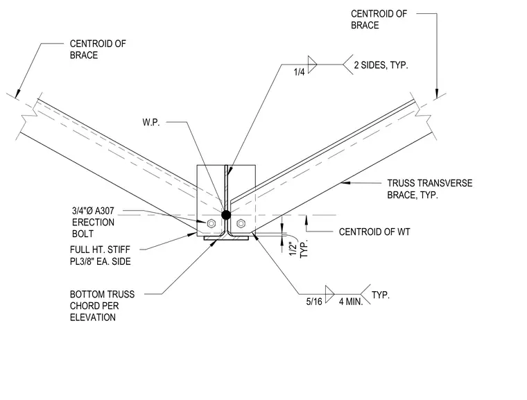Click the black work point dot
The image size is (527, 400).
226,214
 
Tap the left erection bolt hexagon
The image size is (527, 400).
211,223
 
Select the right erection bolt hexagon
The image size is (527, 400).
241,223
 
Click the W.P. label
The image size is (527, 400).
151,122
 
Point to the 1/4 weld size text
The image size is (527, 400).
299,71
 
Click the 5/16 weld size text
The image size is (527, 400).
314,302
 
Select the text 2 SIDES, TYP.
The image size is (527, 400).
381,65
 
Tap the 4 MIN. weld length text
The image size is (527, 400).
351,302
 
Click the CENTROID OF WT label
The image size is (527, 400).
374,232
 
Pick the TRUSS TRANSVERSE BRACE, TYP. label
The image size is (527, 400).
429,189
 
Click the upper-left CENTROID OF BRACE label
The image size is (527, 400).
98,49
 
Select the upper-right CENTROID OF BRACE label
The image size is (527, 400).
379,19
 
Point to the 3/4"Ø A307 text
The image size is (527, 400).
93,211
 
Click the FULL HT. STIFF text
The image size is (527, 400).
100,250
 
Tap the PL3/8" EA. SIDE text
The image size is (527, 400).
100,261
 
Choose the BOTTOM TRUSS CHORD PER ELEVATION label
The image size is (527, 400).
102,306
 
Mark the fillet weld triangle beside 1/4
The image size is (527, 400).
312,64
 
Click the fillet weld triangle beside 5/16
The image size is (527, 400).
329,294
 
